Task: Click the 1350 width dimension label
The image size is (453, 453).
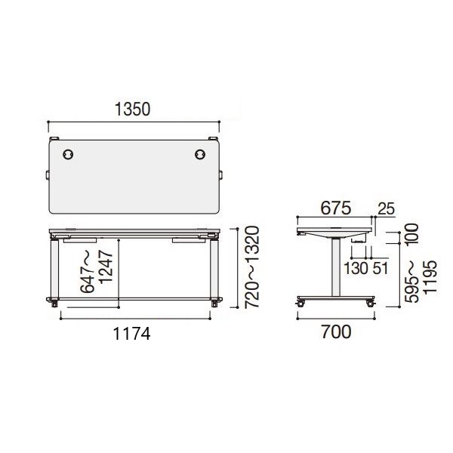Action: tap(133, 109)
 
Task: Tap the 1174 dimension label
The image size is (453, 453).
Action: tap(131, 334)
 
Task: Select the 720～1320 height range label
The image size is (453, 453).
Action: tap(251, 267)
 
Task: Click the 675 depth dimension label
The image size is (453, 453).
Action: tap(336, 208)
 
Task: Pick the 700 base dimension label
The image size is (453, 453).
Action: tap(336, 331)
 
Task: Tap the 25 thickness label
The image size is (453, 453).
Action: tap(386, 208)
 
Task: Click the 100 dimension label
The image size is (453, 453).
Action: tap(411, 234)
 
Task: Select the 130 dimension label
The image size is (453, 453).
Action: tap(356, 268)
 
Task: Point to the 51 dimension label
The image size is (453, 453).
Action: tap(380, 268)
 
